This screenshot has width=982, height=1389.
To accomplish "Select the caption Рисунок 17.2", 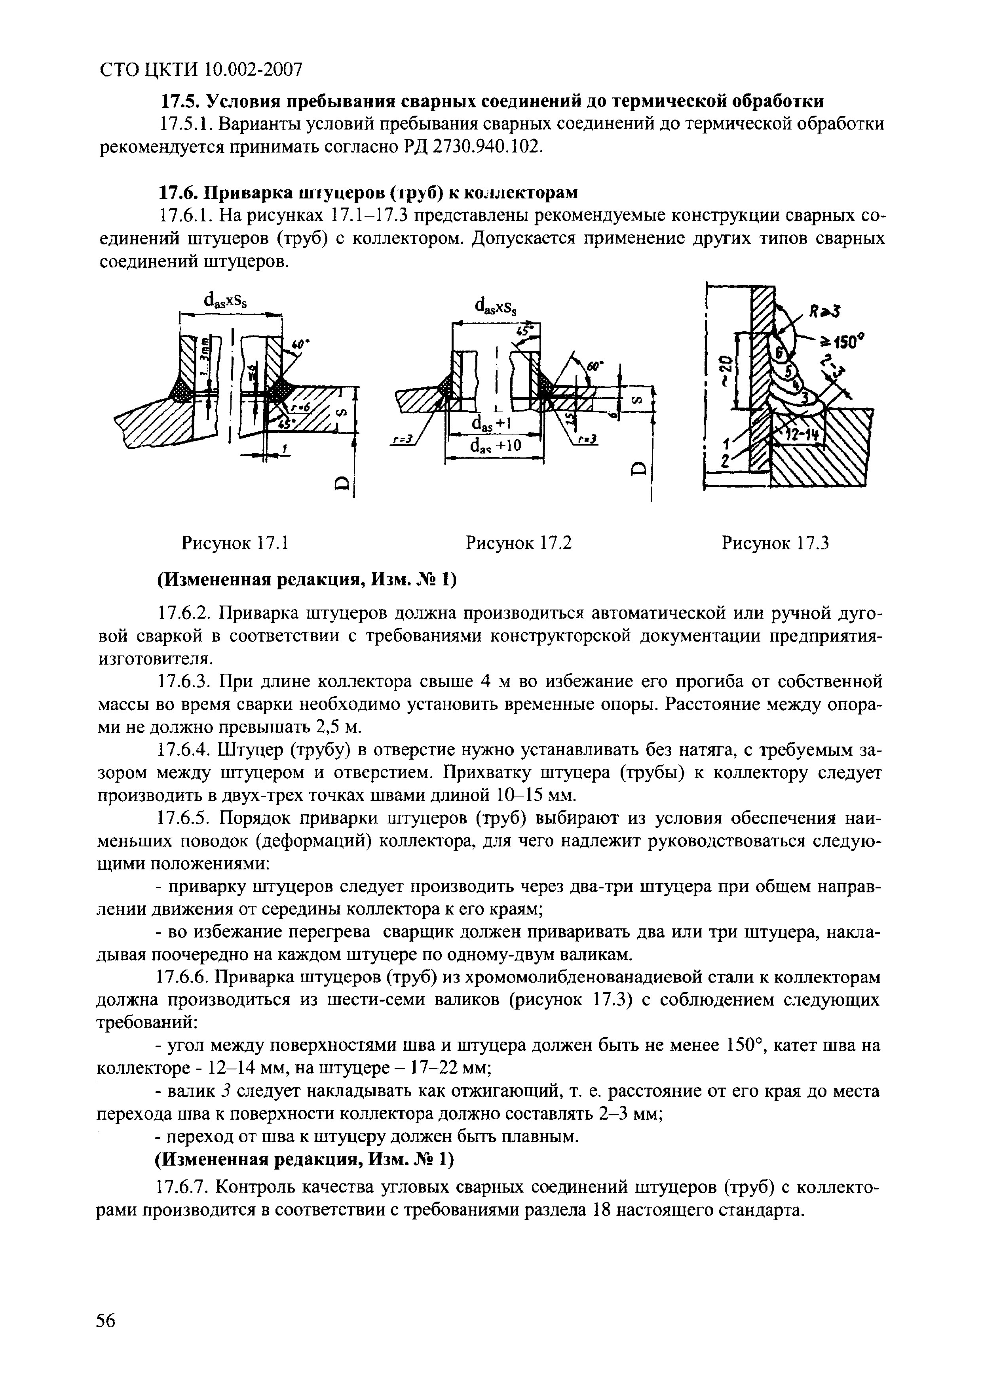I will pos(518,543).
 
